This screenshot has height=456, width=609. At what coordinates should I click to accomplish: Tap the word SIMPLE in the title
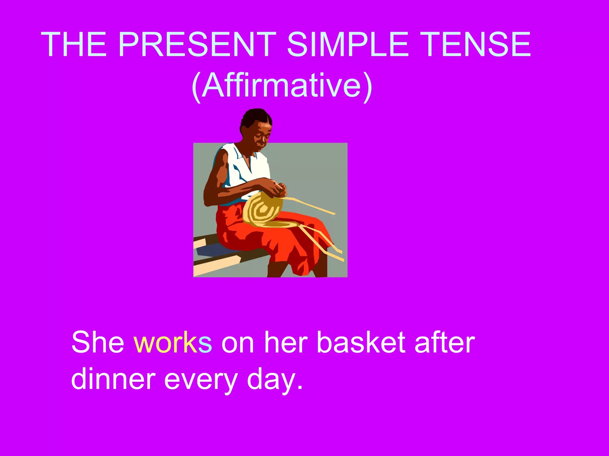click(348, 45)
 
